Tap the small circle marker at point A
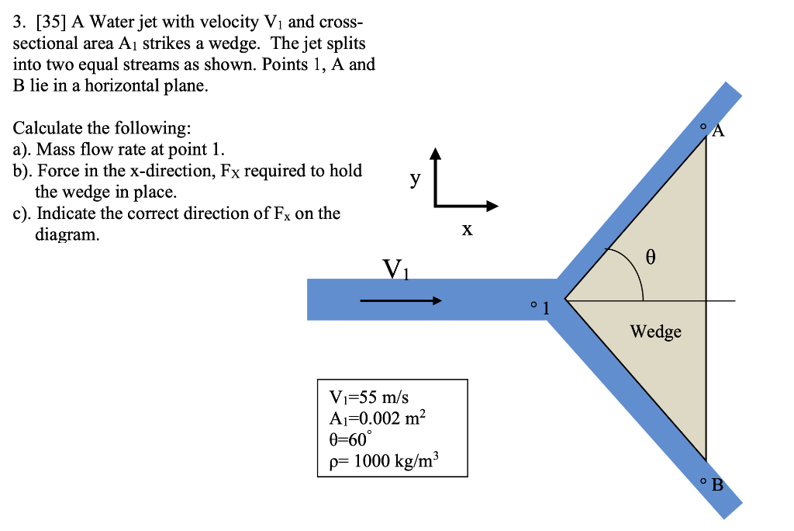pos(703,125)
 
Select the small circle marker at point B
pos(703,482)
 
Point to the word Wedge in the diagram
pos(655,331)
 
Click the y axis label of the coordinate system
pos(416,179)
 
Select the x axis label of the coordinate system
pos(466,230)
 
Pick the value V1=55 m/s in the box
pos(364,397)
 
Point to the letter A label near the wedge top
pos(718,130)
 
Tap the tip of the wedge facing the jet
pos(565,299)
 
